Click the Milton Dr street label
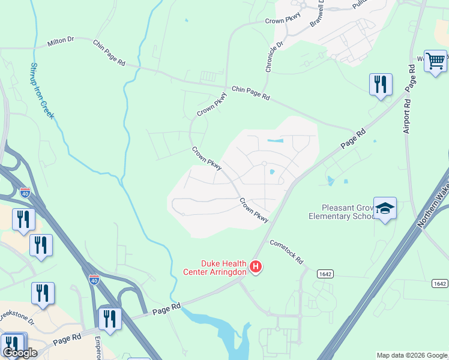coord(60,41)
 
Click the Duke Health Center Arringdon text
coord(215,267)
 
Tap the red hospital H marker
coord(256,266)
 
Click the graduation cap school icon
coord(385,208)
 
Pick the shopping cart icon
coord(435,60)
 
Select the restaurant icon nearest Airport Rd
coord(381,84)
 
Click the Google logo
coord(20,353)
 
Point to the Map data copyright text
coord(412,355)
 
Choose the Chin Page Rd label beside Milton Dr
coord(109,52)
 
